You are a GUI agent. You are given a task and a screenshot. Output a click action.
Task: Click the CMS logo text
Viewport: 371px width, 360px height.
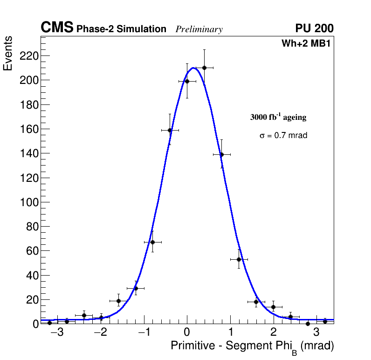point(57,28)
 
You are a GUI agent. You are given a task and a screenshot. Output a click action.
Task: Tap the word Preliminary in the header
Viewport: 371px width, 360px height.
point(199,29)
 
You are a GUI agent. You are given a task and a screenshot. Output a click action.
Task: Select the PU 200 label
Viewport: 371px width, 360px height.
point(314,28)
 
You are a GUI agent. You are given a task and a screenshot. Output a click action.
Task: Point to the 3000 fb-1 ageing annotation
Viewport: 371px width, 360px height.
point(278,118)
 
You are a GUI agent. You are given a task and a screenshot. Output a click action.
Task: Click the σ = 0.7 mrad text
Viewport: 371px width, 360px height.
point(283,136)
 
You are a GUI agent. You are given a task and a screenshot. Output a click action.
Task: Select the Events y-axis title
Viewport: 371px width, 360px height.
point(8,53)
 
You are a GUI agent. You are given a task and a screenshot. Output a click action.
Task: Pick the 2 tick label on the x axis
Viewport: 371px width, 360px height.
point(273,333)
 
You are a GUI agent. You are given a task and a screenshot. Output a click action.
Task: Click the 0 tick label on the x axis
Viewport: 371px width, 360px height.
point(187,333)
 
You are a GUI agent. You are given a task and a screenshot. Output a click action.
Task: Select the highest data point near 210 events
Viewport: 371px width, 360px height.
point(204,68)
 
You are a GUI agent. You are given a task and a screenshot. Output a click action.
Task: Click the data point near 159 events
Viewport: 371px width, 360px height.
point(170,130)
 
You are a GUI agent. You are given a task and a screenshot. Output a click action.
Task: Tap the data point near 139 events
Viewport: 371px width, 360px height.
point(221,154)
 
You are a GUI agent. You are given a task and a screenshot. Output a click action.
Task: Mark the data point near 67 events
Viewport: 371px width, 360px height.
point(152,242)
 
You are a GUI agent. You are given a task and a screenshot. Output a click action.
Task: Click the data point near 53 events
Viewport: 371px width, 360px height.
point(239,259)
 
